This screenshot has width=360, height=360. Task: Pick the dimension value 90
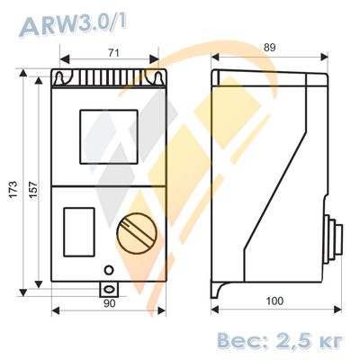point(109,305)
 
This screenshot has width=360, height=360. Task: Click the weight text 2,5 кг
point(310,339)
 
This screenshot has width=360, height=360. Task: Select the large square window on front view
point(110,136)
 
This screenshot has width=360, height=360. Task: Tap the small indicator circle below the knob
point(109,269)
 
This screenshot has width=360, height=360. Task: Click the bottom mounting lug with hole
point(109,289)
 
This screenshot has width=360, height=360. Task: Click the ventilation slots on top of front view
point(110,82)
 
